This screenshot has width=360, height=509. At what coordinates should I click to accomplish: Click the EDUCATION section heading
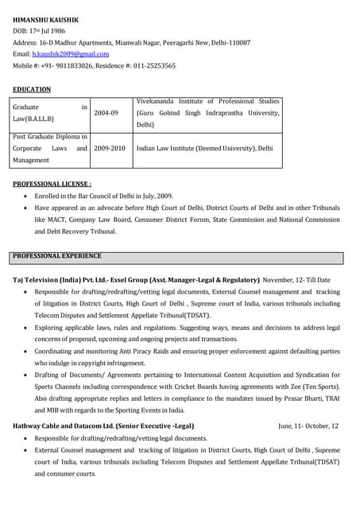32,89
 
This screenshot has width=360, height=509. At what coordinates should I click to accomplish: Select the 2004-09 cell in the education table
106,113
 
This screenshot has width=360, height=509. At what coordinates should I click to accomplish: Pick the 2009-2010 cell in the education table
110,148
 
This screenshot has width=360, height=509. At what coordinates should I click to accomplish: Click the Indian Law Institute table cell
203,148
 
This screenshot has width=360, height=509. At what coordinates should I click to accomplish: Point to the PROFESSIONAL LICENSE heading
52,184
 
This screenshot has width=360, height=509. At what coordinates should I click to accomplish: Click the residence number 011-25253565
152,65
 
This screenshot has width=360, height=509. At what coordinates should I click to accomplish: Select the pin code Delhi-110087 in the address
229,41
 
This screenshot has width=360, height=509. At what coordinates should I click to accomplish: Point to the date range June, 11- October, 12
308,425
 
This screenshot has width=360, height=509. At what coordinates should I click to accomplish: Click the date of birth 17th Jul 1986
51,30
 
